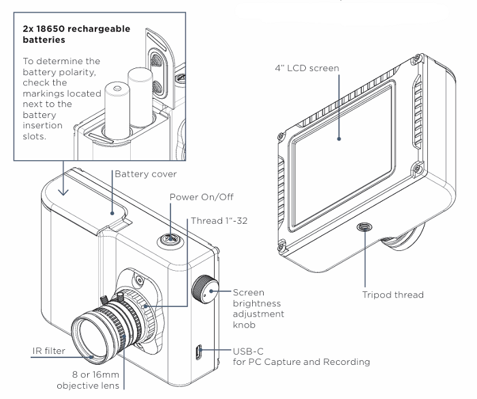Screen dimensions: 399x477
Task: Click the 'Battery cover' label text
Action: tap(146, 175)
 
